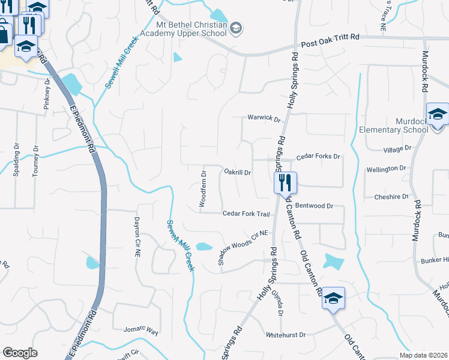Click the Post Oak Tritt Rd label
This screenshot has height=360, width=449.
[330, 37]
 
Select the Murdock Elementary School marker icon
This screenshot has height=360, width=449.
[437, 114]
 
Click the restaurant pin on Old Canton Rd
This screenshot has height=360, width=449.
[285, 181]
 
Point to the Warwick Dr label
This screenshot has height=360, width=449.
[264, 119]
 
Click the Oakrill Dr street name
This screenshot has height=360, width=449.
[237, 172]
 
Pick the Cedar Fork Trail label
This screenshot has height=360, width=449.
[246, 214]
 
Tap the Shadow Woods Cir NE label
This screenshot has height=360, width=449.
[241, 248]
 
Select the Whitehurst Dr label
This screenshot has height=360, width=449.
[286, 335]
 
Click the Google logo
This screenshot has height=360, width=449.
[20, 353]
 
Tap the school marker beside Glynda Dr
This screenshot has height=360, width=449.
[333, 298]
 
